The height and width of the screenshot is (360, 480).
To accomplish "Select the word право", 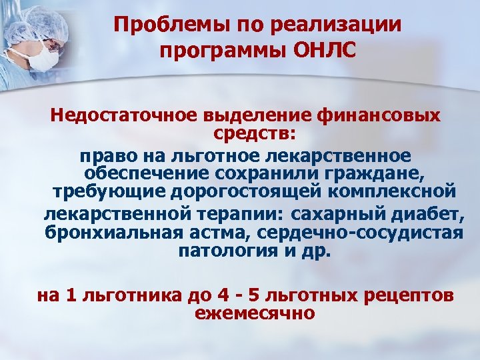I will coord(107,156).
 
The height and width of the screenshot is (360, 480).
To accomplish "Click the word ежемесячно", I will coord(254,311).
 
